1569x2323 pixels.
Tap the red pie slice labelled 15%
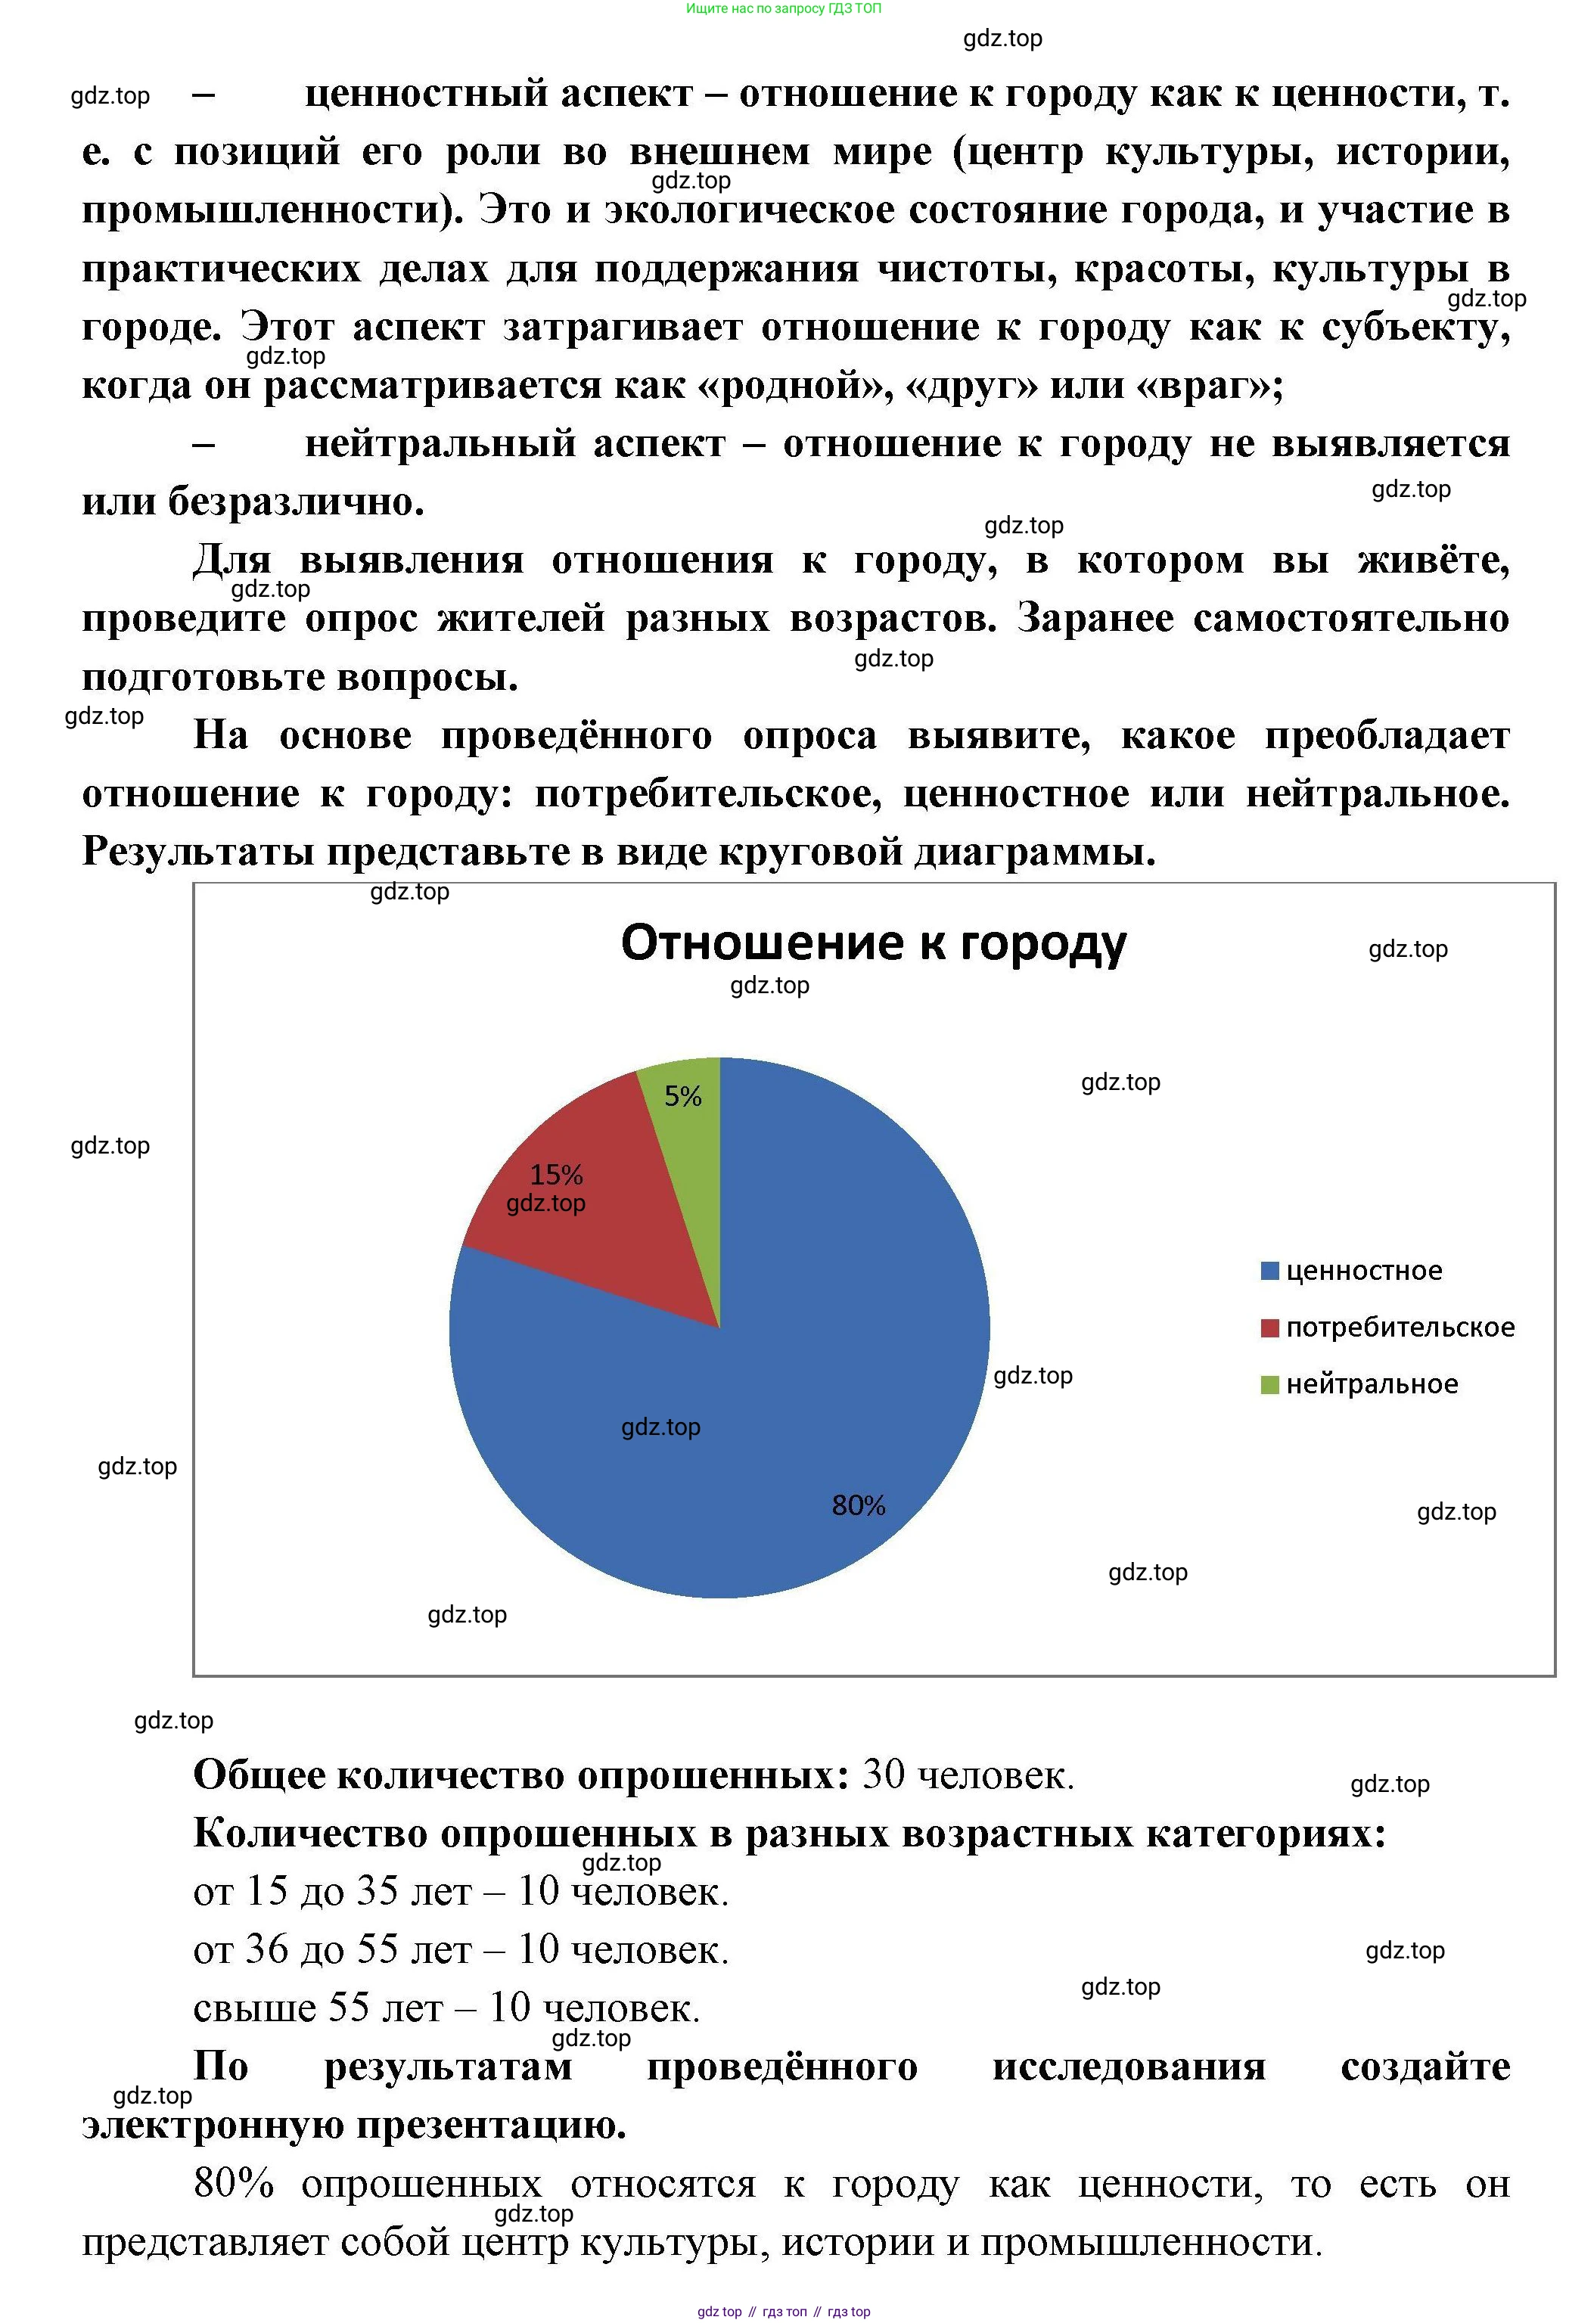click(589, 1229)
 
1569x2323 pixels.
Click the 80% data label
click(857, 1505)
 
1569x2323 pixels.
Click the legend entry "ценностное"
click(1363, 1272)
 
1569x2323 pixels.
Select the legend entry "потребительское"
click(1399, 1328)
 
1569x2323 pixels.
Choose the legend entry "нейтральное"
click(1371, 1384)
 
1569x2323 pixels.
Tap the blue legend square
click(1269, 1272)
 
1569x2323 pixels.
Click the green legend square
click(1269, 1384)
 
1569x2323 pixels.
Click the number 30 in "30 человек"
click(882, 1775)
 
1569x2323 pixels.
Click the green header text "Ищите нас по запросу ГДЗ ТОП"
click(784, 9)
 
